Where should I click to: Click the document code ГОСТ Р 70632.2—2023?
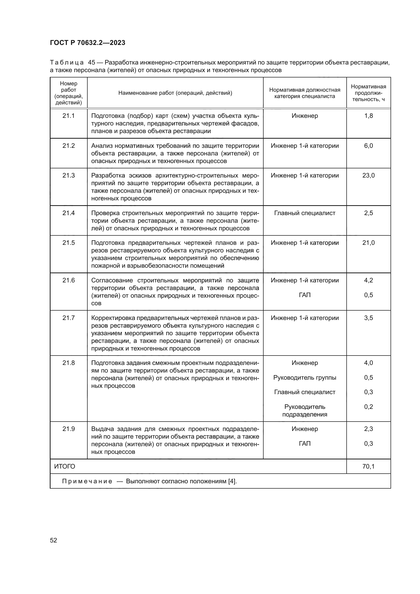pyautogui.click(x=88, y=43)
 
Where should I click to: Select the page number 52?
pyautogui.click(x=54, y=540)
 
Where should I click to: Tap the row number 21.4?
pyautogui.click(x=69, y=213)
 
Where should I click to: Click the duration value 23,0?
pyautogui.click(x=368, y=175)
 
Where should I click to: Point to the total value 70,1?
pyautogui.click(x=368, y=467)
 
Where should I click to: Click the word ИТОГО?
pyautogui.click(x=65, y=467)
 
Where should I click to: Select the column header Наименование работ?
pyautogui.click(x=175, y=93)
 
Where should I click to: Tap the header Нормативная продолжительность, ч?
pyautogui.click(x=368, y=93)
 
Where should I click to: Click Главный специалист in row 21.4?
pyautogui.click(x=305, y=213)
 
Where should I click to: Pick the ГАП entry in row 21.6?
pyautogui.click(x=305, y=295)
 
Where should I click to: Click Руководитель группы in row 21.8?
pyautogui.click(x=305, y=377)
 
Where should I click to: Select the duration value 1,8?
pyautogui.click(x=368, y=116)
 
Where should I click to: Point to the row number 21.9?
pyautogui.click(x=69, y=429)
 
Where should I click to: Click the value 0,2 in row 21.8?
pyautogui.click(x=368, y=407)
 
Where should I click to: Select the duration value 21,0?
pyautogui.click(x=368, y=243)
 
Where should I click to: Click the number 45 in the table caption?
pyautogui.click(x=92, y=63)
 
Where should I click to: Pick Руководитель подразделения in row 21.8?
pyautogui.click(x=305, y=411)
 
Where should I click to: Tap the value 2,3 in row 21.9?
pyautogui.click(x=368, y=429)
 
